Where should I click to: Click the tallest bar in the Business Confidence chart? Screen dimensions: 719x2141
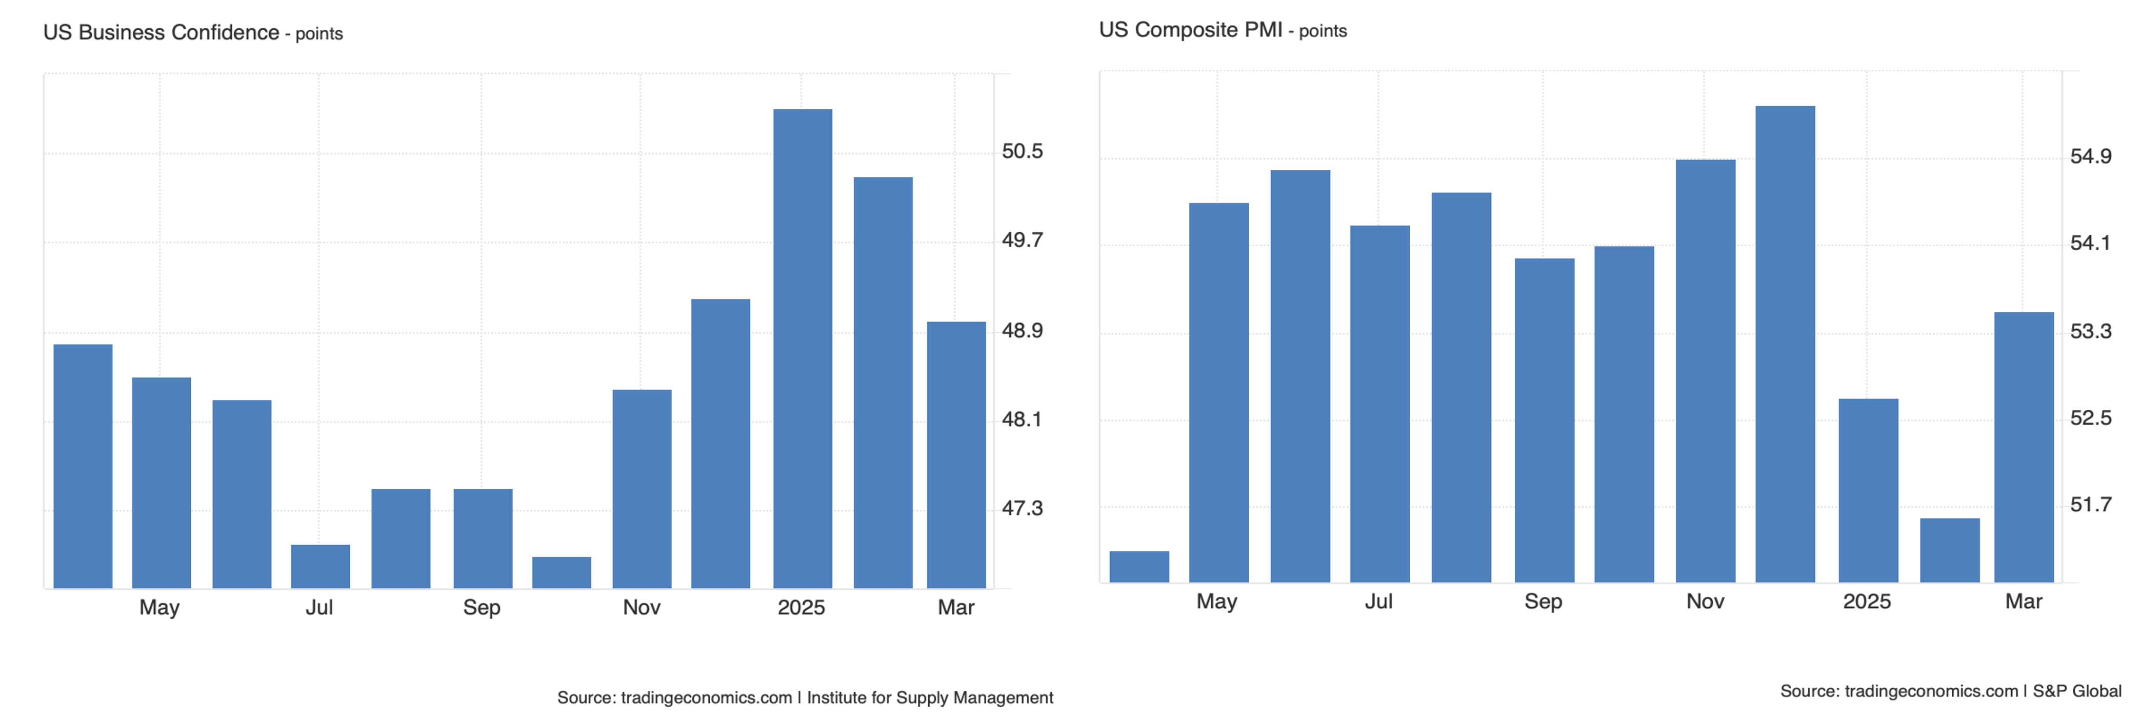point(802,349)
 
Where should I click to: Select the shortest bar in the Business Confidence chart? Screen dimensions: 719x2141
point(561,573)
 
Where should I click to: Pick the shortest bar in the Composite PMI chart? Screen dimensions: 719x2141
point(1138,567)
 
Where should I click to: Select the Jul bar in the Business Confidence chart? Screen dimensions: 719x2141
point(320,566)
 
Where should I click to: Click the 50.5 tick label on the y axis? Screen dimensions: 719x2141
point(1022,151)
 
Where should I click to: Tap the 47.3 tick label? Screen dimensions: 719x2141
point(1022,508)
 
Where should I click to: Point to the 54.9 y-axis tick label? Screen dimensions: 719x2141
point(2090,156)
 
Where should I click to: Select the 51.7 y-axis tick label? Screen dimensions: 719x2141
point(2090,505)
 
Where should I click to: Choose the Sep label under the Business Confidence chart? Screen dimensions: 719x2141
point(481,608)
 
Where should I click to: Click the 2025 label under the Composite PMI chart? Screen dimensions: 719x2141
point(1866,602)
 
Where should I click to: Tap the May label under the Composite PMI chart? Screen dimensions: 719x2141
point(1216,602)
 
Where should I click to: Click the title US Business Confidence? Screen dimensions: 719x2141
point(161,32)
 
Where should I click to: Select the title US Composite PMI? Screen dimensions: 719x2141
point(1190,30)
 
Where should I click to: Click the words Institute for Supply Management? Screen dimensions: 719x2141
point(929,697)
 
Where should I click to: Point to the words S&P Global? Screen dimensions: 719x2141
point(2076,691)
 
